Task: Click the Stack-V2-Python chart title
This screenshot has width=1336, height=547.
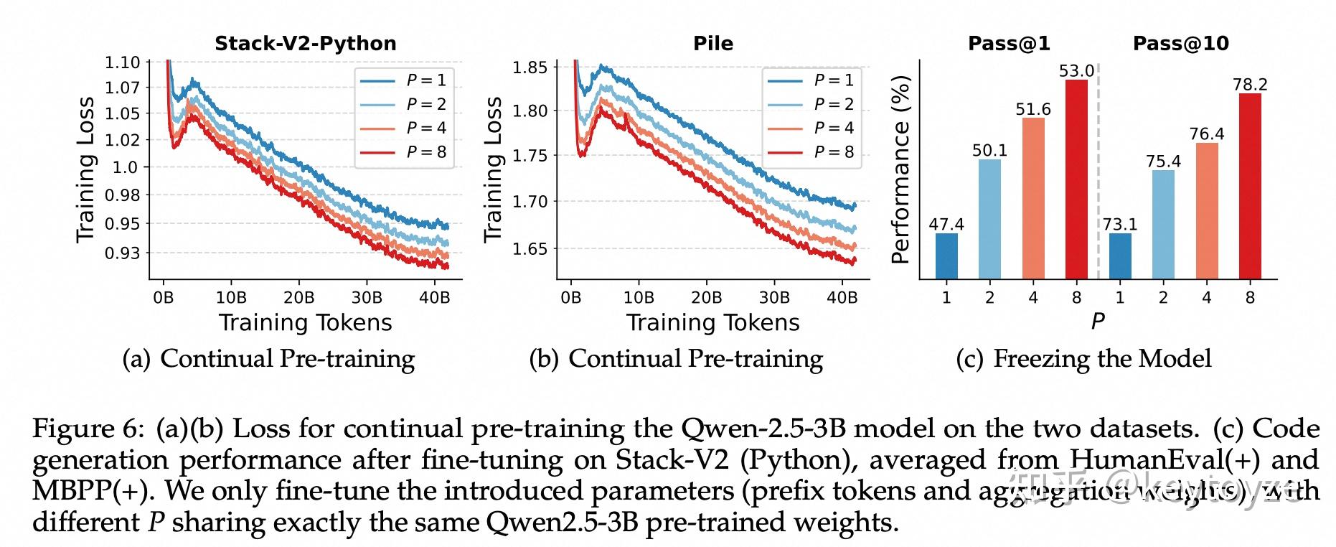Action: coord(305,43)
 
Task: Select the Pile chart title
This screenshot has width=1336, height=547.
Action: coord(712,43)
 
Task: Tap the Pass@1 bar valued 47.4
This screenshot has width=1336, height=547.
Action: coord(946,256)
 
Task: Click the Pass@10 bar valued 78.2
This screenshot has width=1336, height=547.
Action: coord(1250,187)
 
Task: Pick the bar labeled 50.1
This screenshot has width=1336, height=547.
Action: coord(989,219)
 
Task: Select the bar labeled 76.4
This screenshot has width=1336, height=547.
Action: coord(1207,211)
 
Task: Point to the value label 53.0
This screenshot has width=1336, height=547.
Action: coord(1076,70)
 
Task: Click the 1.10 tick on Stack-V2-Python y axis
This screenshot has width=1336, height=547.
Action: coord(122,62)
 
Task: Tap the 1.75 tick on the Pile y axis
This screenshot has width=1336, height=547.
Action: coord(530,156)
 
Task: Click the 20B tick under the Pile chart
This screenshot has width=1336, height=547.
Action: coord(706,297)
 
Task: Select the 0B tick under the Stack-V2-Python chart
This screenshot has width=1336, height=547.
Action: coord(164,297)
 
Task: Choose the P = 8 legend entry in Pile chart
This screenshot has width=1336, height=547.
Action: coord(812,152)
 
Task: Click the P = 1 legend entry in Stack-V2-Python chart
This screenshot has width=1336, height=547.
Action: coord(404,80)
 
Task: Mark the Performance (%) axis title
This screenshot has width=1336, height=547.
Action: coord(900,169)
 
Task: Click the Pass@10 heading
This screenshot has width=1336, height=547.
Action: coord(1180,43)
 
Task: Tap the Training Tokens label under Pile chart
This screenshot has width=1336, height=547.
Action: coord(712,322)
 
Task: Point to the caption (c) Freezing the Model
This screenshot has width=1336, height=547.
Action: coord(1083,358)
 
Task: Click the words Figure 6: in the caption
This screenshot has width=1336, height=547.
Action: coord(89,429)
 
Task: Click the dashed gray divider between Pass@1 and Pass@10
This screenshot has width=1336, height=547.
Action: coord(1098,172)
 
